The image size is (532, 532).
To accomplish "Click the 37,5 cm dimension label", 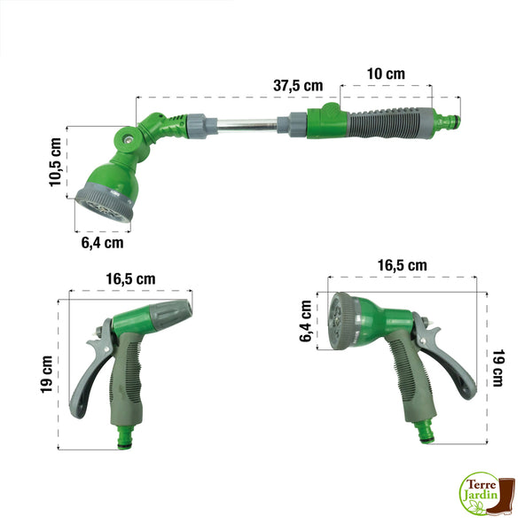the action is (x=298, y=85).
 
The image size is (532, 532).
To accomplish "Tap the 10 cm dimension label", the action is (x=386, y=74).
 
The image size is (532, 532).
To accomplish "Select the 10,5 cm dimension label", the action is (x=55, y=162).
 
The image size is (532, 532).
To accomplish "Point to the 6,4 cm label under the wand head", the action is (x=102, y=243).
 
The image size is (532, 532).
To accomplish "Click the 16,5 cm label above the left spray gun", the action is (x=130, y=279).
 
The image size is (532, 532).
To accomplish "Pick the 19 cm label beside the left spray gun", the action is (x=47, y=374).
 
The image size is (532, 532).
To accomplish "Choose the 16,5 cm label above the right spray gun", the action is (x=402, y=265).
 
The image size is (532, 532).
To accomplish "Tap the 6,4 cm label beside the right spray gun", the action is (x=306, y=321).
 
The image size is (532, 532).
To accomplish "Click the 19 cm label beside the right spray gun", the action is (x=497, y=368).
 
